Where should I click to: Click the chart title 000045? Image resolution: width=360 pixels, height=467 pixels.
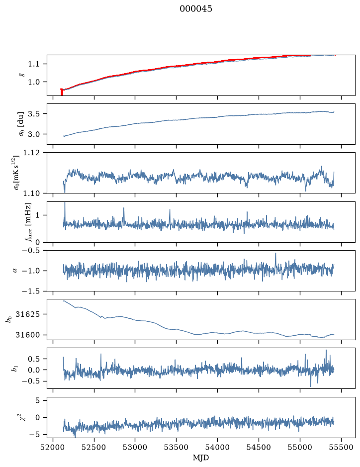(x=195, y=9)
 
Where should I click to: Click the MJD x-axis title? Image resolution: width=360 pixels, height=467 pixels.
(x=201, y=457)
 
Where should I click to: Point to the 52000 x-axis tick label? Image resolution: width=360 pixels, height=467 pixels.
(x=53, y=447)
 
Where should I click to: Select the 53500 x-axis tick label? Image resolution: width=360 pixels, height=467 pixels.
(x=177, y=447)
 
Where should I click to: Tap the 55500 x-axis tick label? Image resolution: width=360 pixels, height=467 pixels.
(x=341, y=447)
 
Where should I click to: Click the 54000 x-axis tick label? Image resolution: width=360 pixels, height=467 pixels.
(x=217, y=447)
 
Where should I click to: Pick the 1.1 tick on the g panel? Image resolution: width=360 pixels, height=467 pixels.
(x=33, y=64)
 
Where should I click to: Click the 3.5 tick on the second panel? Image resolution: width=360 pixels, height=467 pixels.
(x=33, y=114)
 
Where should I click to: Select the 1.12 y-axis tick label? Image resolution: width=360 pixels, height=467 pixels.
(x=31, y=153)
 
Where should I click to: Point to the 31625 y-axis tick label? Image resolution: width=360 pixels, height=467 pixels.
(x=27, y=314)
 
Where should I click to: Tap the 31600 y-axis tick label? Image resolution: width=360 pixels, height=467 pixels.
(x=27, y=335)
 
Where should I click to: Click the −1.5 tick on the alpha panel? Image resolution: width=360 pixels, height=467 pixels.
(x=31, y=291)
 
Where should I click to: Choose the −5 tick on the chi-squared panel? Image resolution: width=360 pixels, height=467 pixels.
(x=34, y=435)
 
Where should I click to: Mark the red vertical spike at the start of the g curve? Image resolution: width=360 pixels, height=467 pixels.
(x=62, y=92)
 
